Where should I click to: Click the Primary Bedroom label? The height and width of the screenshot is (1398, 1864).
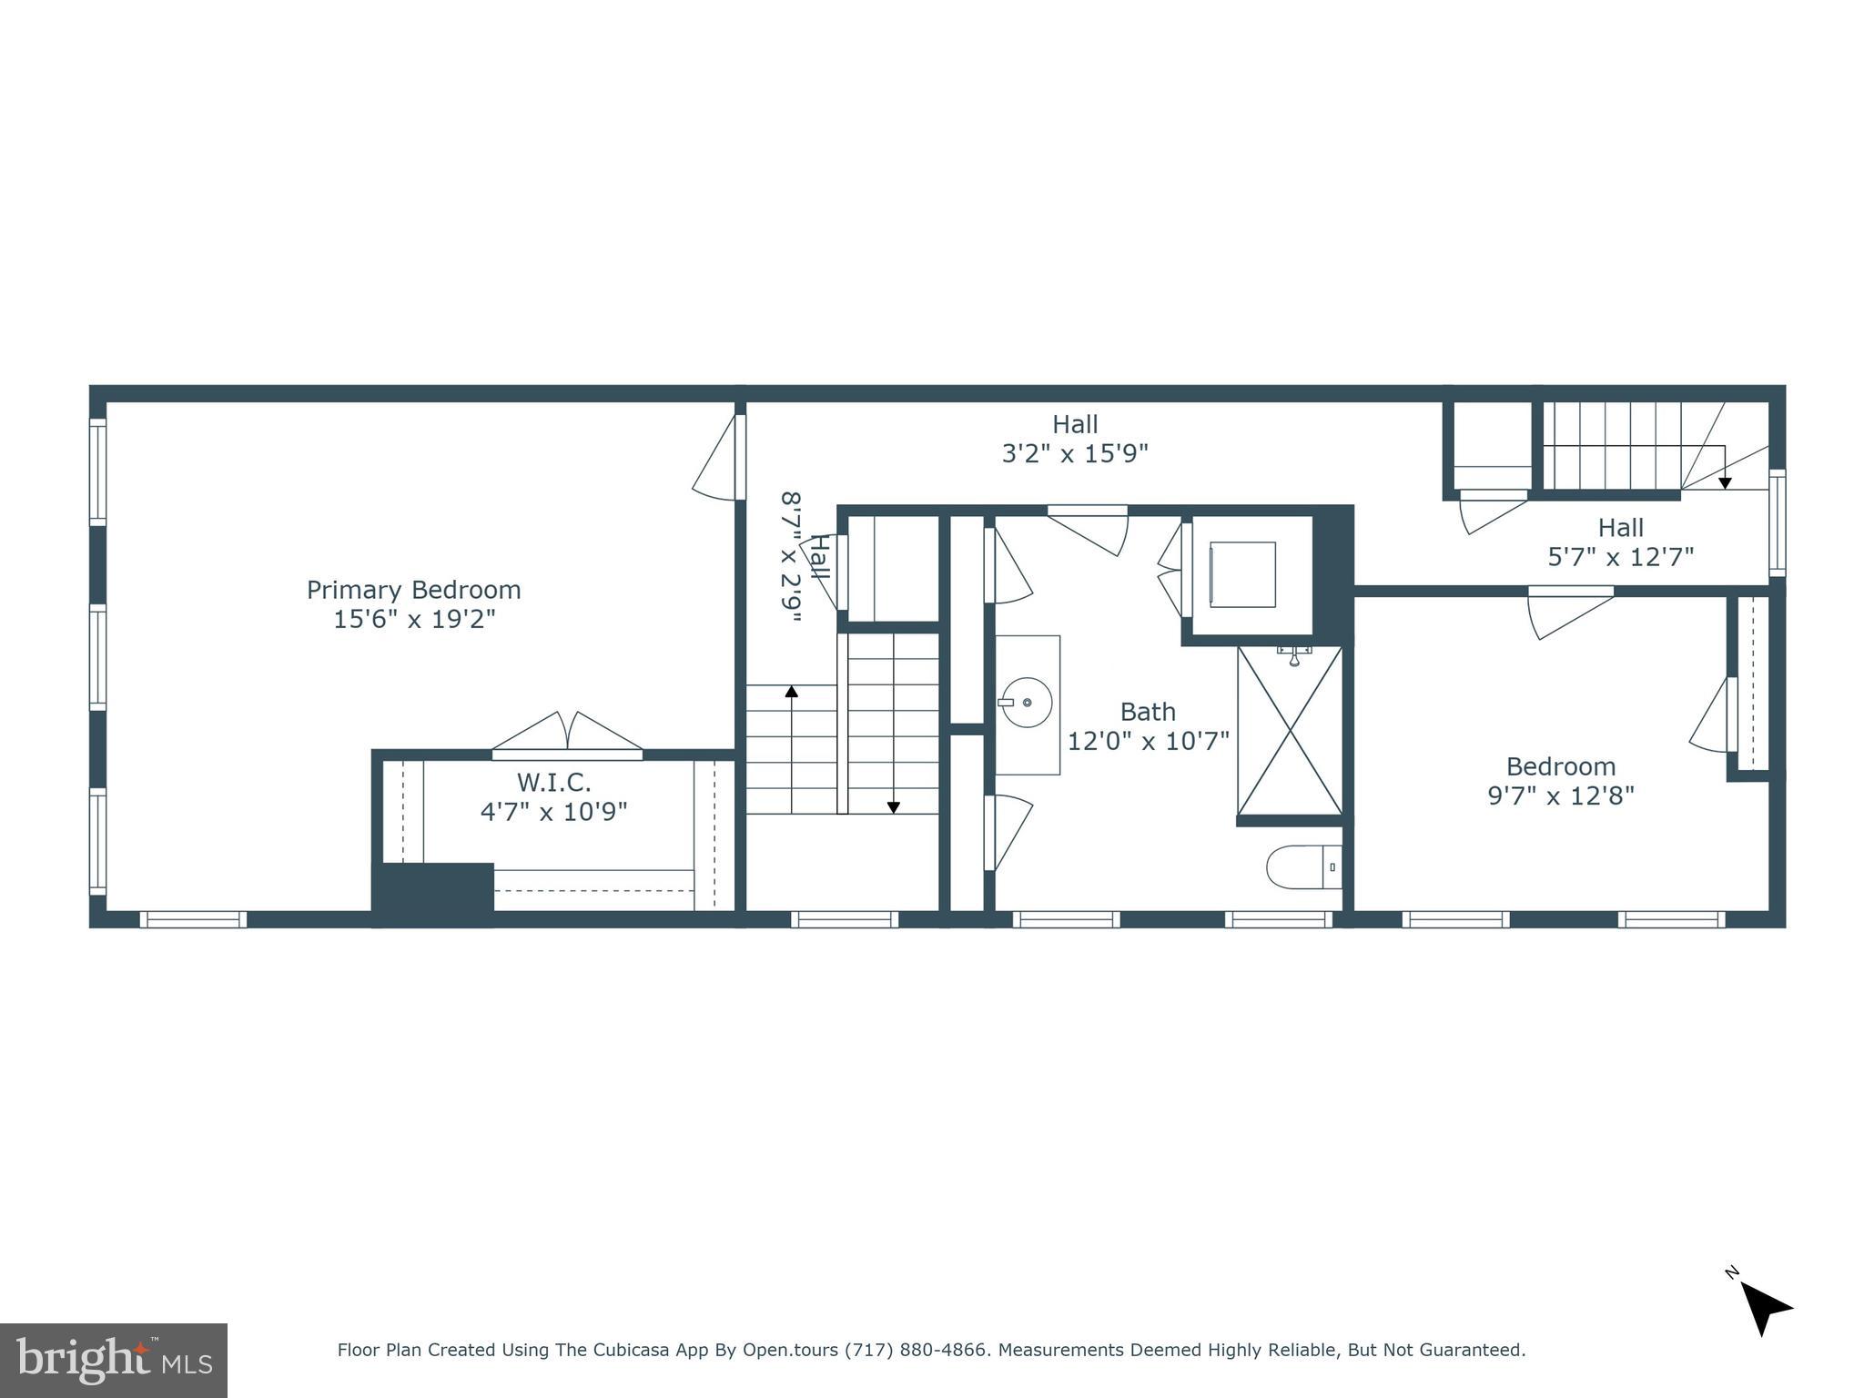tap(413, 591)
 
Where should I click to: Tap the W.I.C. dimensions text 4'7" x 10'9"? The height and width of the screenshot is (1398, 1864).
tap(553, 812)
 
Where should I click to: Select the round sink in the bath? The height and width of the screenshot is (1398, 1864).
tap(1027, 703)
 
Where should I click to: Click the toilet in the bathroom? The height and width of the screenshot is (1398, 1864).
tap(1303, 867)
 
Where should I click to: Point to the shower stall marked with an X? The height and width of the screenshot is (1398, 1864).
tap(1290, 731)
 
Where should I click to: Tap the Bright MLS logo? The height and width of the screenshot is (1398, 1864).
tap(113, 1360)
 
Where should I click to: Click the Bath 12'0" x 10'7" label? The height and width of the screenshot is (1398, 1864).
tap(1148, 726)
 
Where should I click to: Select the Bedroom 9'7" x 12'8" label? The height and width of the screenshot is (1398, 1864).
tap(1560, 781)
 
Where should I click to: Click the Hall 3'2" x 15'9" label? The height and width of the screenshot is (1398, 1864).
tap(1075, 439)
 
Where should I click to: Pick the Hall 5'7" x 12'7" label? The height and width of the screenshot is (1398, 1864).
tap(1620, 542)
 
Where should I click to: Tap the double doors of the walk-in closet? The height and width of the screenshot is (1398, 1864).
tap(567, 734)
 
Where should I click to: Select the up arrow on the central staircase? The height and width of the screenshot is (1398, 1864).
tap(792, 693)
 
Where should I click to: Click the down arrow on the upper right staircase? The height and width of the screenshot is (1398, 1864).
tap(1724, 483)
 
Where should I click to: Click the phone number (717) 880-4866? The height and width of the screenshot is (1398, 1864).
tap(916, 1351)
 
